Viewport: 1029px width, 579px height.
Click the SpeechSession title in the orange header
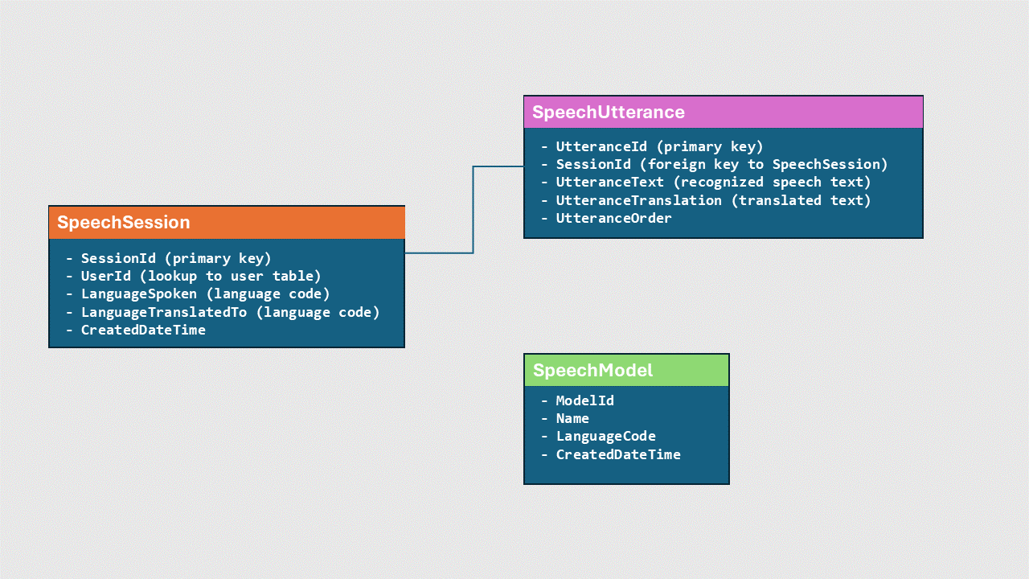point(124,223)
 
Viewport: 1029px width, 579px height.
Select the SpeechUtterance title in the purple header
point(609,113)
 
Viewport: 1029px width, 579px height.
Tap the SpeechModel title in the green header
point(593,371)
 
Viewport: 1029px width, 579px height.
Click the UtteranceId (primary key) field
point(659,146)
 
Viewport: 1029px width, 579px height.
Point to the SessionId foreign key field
point(721,164)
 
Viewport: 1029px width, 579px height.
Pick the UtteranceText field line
point(713,182)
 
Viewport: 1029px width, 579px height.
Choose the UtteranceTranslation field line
point(713,200)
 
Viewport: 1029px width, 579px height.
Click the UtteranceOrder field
point(613,218)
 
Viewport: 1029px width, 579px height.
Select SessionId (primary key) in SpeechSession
point(176,258)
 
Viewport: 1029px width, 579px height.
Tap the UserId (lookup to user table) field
point(201,276)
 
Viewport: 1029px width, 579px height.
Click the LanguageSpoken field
point(205,294)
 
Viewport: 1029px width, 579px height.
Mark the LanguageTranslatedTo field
point(230,312)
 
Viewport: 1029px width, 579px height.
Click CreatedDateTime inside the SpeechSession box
point(143,330)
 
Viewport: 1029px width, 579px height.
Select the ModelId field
point(584,400)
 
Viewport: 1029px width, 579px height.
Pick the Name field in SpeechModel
point(572,418)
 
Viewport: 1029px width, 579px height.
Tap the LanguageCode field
point(605,436)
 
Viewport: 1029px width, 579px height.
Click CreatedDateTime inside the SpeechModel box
point(618,454)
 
